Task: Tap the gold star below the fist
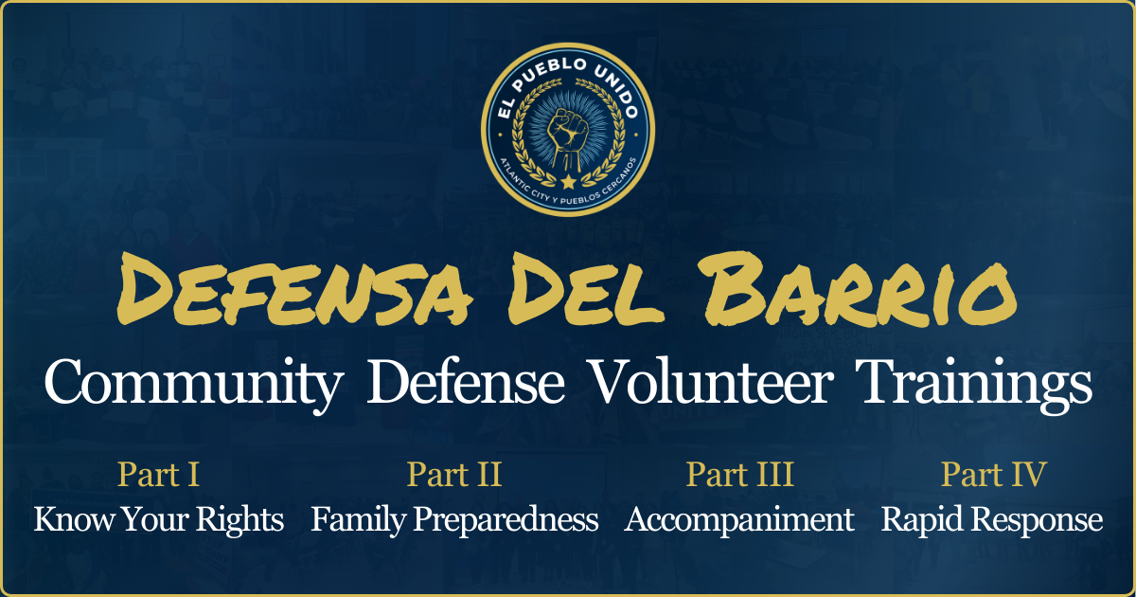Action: (567, 180)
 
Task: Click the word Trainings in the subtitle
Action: (974, 385)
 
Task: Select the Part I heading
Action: (158, 474)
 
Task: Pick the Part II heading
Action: (453, 474)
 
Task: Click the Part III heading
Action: (739, 474)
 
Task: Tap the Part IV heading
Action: (992, 474)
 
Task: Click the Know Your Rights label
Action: (158, 519)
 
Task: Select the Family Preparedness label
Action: (454, 519)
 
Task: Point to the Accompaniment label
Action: (739, 519)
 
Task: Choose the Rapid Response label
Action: (992, 519)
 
